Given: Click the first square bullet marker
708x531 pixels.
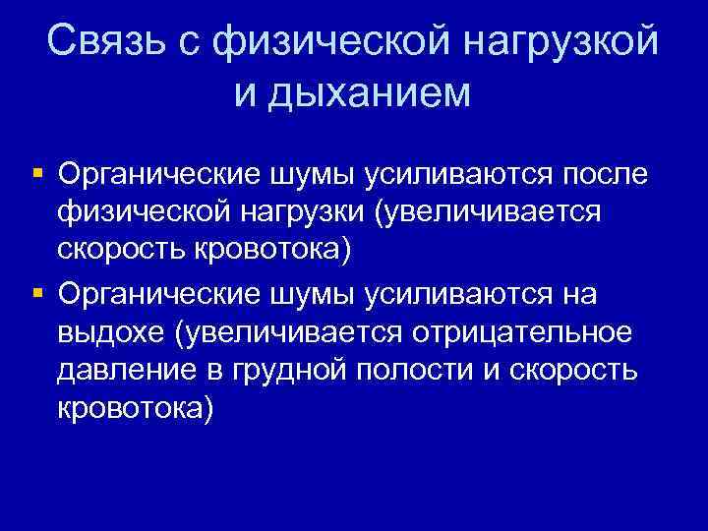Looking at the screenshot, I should point(36,173).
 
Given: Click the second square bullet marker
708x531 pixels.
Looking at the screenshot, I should point(36,294).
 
